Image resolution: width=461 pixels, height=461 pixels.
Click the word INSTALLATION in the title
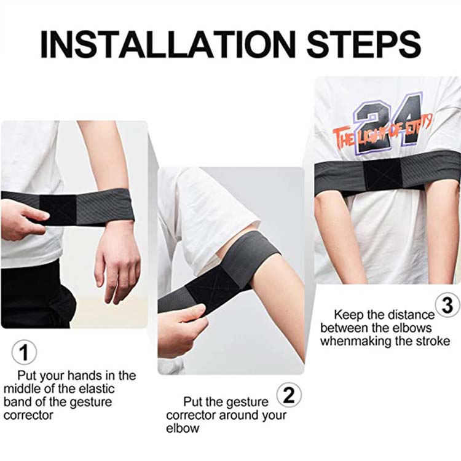[168, 44]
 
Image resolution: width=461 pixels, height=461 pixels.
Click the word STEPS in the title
[364, 44]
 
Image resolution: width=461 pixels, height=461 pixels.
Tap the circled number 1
[25, 352]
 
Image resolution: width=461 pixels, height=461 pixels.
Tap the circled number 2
[289, 395]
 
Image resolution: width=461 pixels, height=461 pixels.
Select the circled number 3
[447, 305]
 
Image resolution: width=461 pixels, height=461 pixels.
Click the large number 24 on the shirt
[388, 123]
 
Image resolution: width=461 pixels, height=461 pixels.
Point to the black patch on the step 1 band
[58, 209]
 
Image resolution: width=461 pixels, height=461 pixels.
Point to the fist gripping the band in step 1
[22, 219]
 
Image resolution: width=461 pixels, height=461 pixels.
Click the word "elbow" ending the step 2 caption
[183, 428]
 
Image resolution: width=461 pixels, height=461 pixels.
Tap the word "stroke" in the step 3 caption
[433, 341]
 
